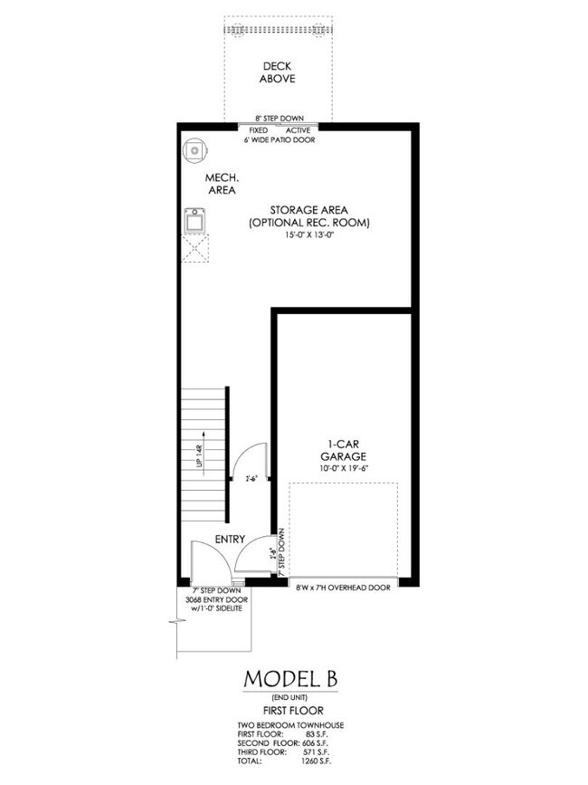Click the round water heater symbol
pos(194,150)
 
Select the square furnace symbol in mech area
pos(194,220)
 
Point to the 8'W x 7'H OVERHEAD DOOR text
pos(343,588)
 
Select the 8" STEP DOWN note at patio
pos(279,119)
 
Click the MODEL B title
pos(293,679)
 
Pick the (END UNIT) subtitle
pos(293,698)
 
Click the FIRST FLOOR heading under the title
pos(293,712)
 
